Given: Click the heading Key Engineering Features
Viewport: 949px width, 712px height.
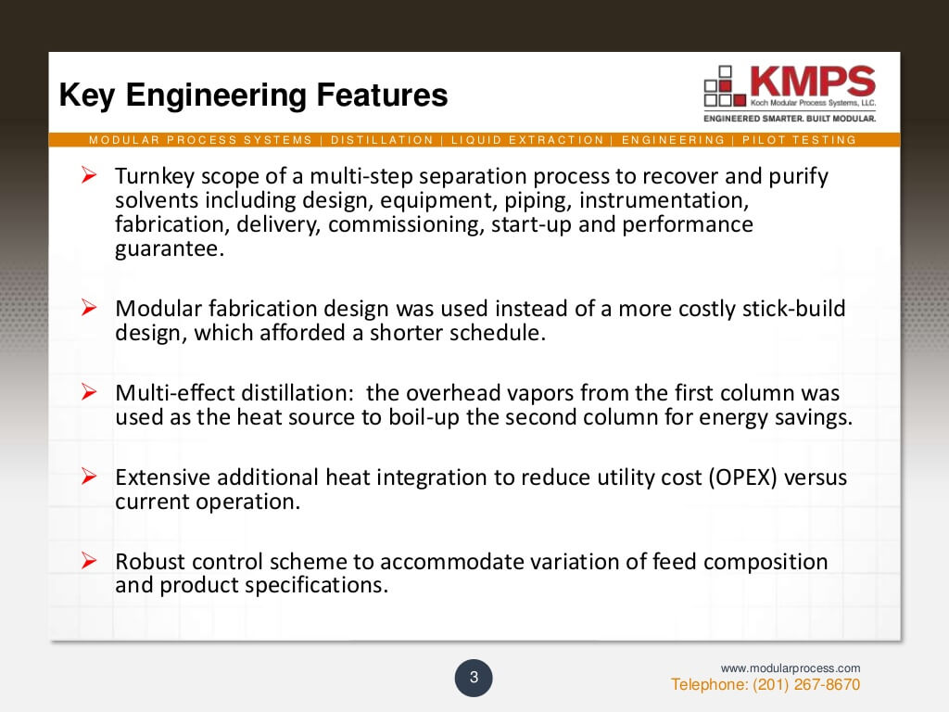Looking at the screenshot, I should coord(253,95).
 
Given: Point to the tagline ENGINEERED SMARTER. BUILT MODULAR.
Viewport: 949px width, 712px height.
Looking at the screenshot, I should coord(789,119).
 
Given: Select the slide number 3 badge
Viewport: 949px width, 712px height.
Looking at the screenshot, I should coord(474,678).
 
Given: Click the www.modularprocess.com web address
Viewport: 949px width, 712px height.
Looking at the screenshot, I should coord(791,667).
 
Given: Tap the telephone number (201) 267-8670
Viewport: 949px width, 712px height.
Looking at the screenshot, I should coord(766,685).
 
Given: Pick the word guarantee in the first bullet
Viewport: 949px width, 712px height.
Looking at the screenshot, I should coord(170,249).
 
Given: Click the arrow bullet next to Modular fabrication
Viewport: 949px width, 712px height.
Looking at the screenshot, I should coord(90,308).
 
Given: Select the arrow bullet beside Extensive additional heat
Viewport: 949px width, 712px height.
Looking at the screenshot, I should coord(90,477).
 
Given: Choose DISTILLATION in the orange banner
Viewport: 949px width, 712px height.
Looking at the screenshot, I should coord(382,140).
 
